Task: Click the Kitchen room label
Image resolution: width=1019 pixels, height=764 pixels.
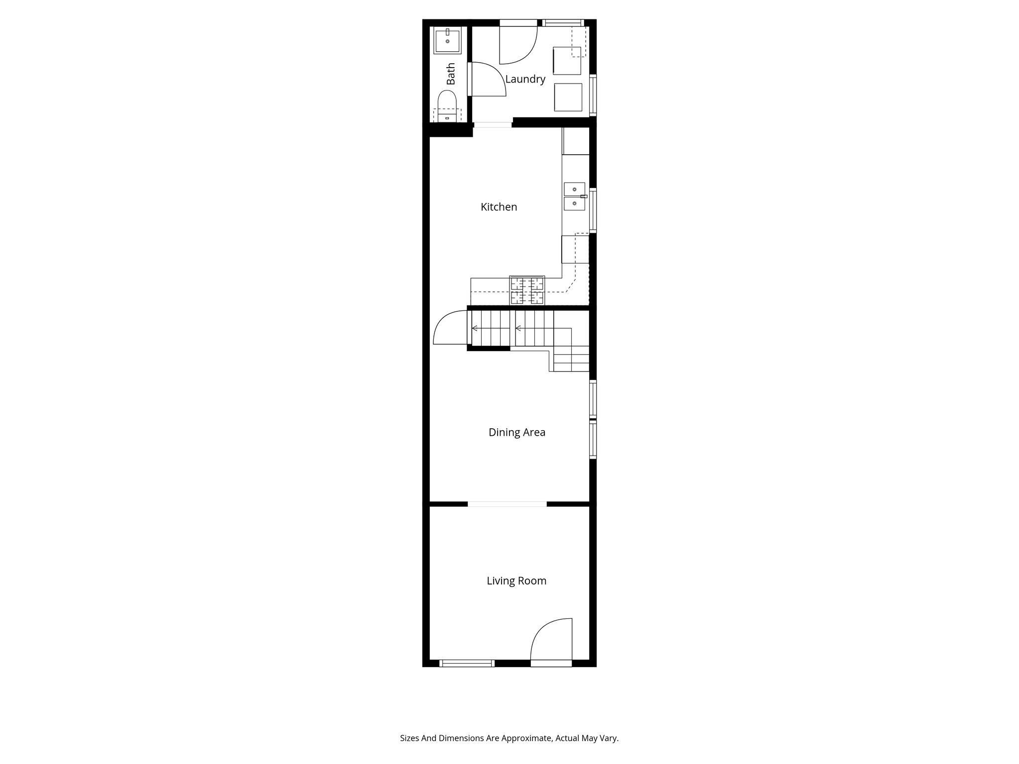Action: tap(499, 207)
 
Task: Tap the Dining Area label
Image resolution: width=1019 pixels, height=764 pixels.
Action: tap(516, 432)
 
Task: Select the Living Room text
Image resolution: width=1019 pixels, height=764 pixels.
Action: tap(516, 580)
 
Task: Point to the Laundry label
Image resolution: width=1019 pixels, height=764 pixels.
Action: tap(525, 79)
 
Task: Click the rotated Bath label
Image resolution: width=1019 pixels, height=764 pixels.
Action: tap(451, 74)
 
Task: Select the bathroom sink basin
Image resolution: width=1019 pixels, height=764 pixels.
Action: tap(447, 41)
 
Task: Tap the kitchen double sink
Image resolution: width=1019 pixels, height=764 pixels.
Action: tap(574, 196)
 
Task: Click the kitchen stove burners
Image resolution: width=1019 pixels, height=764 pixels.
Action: tap(527, 290)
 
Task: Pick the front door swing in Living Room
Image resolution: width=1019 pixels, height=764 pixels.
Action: tap(550, 641)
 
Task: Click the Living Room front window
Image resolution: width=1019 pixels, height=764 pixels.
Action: tap(467, 663)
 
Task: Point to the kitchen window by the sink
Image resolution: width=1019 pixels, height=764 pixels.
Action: tap(593, 210)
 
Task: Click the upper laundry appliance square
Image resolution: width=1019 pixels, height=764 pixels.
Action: tap(567, 61)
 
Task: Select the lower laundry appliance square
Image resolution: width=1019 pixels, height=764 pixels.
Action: tap(568, 97)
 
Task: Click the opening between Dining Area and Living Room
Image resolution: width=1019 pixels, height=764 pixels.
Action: tap(507, 504)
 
